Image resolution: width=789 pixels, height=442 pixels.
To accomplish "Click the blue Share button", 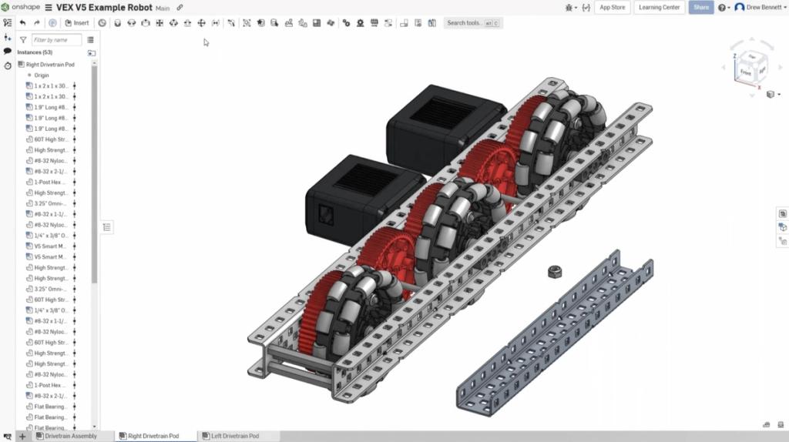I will pyautogui.click(x=700, y=7).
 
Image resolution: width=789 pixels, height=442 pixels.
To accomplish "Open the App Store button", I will pyautogui.click(x=613, y=7).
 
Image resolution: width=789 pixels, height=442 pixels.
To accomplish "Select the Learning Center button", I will pyautogui.click(x=660, y=7).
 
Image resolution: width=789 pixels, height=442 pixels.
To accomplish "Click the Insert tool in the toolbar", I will pyautogui.click(x=77, y=23).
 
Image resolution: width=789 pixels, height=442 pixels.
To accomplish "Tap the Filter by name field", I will pyautogui.click(x=56, y=39).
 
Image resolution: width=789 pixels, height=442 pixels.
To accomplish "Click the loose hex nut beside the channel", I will pyautogui.click(x=553, y=271).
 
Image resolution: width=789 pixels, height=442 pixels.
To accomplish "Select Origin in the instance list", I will pyautogui.click(x=42, y=75).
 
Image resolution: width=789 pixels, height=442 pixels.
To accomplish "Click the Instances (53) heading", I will pyautogui.click(x=35, y=52).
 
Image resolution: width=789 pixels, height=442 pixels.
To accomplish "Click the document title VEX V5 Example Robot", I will pyautogui.click(x=103, y=7).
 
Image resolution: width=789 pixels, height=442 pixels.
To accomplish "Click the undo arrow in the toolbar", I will pyautogui.click(x=22, y=23).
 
